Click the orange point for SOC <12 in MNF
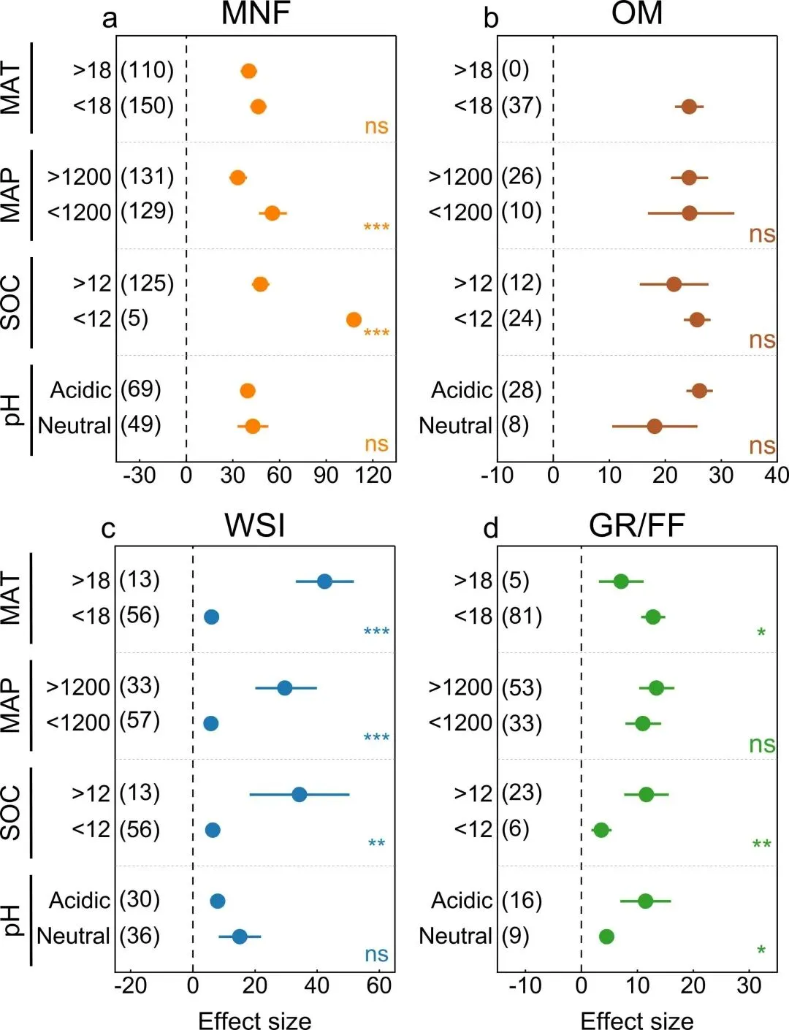coord(354,319)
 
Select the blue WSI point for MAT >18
coord(324,581)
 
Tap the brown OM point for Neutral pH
coord(655,426)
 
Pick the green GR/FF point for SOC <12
coord(601,830)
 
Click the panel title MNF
coord(256,14)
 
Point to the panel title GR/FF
coord(636,525)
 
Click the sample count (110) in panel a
coord(147,70)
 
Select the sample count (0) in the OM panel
coord(515,69)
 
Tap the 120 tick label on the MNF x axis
coord(373,476)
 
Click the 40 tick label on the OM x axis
coord(776,476)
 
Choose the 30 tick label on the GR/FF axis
coord(749,985)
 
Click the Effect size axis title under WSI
coord(254,1020)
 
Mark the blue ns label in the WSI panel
coord(376,954)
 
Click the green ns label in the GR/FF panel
coord(762,744)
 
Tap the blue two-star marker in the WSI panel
coord(376,844)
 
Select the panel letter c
coord(108,528)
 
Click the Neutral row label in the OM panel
coord(455,425)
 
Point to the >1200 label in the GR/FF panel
coord(460,687)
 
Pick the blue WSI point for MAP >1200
coord(285,688)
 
